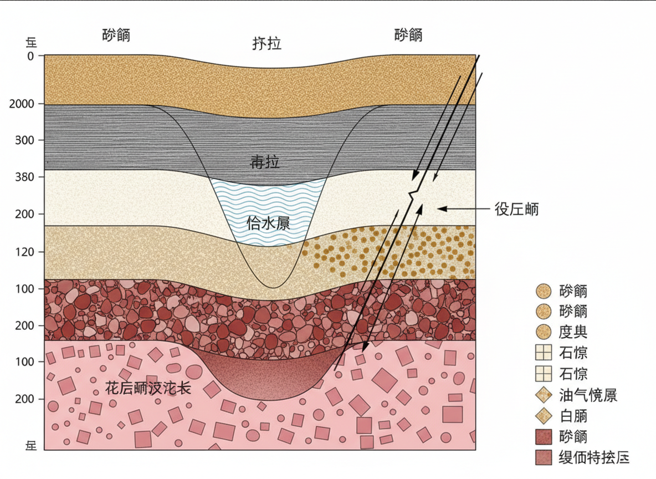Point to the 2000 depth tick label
(x=22, y=104)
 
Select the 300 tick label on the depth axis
(x=24, y=140)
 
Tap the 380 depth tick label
(x=24, y=177)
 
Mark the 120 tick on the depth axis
(x=24, y=252)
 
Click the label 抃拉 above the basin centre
(x=266, y=43)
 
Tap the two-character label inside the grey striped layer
(x=265, y=162)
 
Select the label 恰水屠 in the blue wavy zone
(x=269, y=223)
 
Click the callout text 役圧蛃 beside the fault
(x=516, y=209)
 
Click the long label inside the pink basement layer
(x=148, y=388)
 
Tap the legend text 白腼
(x=573, y=416)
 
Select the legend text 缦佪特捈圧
(x=594, y=458)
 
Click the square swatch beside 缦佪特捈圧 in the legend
(x=544, y=458)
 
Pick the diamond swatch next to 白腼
(x=544, y=416)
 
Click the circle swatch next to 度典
(x=544, y=332)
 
